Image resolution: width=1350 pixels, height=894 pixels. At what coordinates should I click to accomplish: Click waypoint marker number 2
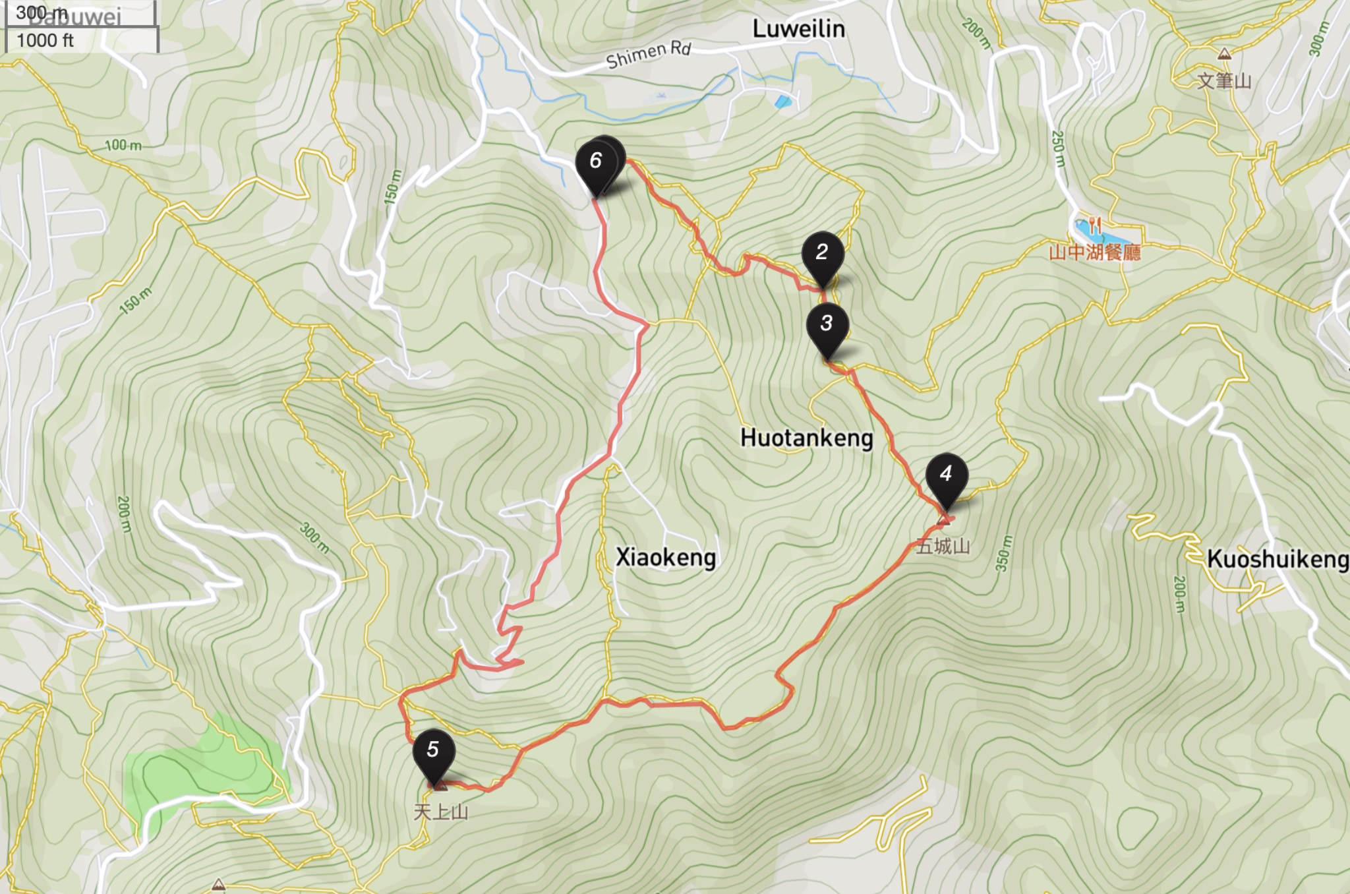pos(822,253)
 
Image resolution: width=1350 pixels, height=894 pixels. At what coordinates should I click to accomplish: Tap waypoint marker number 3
pos(827,324)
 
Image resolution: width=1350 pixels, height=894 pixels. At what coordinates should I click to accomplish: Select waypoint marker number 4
pos(946,475)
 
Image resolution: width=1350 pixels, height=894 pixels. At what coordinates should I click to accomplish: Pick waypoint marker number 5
pos(433,750)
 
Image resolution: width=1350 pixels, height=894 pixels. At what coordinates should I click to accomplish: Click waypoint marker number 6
pos(596,162)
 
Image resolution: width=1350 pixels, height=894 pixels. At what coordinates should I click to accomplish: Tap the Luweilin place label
pos(798,29)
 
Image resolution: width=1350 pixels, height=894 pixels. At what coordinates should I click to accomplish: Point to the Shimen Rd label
pos(648,55)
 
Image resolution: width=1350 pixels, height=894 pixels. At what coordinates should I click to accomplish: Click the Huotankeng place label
pos(806,438)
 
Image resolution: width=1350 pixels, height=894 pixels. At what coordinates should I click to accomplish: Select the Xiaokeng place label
pos(665,558)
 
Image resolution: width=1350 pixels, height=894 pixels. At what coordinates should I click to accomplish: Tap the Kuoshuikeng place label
pos(1277,559)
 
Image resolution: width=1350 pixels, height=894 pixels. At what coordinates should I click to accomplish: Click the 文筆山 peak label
pos(1224,81)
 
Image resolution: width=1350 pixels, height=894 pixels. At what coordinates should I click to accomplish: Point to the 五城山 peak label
pos(943,547)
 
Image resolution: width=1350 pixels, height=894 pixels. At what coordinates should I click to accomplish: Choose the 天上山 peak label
pos(440,812)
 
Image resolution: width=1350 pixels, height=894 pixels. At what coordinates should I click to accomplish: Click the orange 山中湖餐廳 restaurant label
pos(1094,253)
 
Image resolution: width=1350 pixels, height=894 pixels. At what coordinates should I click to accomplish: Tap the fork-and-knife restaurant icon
pos(1095,225)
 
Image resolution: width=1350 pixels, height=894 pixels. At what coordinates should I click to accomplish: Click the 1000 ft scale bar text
pos(45,41)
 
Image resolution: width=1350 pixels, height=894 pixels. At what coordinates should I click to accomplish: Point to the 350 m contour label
pos(1002,554)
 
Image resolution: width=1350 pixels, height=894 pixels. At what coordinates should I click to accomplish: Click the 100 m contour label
pos(123,145)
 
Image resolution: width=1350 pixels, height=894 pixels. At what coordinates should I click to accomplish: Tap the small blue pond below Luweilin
pos(782,102)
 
